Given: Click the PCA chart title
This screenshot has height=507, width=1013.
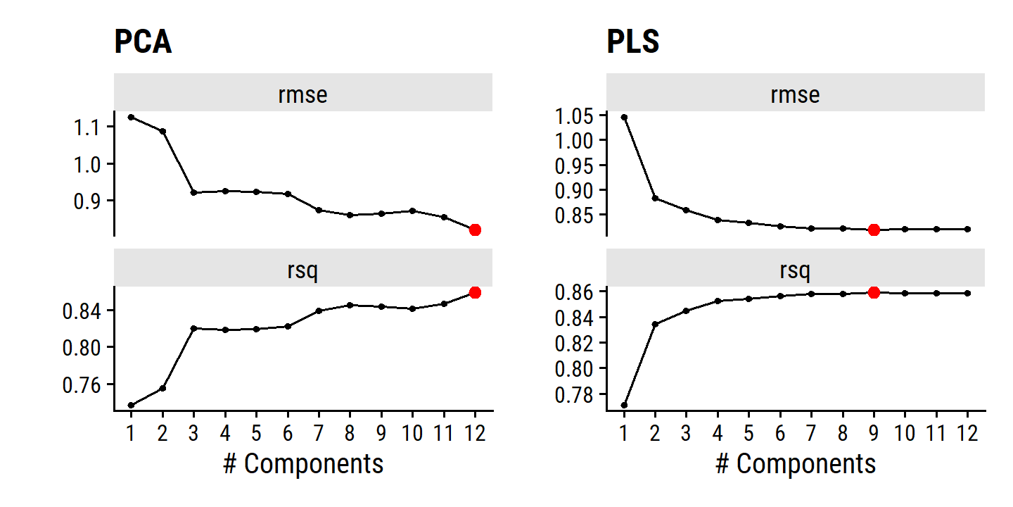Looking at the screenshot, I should [x=143, y=43].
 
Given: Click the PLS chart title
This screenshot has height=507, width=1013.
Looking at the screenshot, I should [x=633, y=43].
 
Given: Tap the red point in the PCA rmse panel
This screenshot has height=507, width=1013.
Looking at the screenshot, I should [x=475, y=230].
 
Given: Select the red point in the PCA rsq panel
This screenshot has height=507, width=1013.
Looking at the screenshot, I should [x=475, y=292].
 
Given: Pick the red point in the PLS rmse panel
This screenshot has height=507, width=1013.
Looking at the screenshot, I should [x=874, y=230].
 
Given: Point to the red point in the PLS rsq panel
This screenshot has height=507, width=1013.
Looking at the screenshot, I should [x=874, y=292].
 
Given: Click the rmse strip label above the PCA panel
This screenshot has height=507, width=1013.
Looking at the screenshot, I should [x=302, y=94].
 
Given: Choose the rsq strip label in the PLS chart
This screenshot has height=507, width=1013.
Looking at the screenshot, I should [x=795, y=270].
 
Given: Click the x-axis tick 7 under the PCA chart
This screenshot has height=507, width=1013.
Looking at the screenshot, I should [x=319, y=432].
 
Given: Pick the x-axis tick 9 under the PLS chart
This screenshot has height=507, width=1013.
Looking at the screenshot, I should [x=874, y=432].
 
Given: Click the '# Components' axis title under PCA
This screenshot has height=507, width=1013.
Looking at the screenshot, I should [x=303, y=464].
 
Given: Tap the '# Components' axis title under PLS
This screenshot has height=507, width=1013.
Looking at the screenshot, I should [x=796, y=464].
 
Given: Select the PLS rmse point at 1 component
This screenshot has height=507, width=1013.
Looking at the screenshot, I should [x=624, y=117].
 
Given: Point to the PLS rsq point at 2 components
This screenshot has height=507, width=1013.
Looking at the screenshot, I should [x=655, y=324].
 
